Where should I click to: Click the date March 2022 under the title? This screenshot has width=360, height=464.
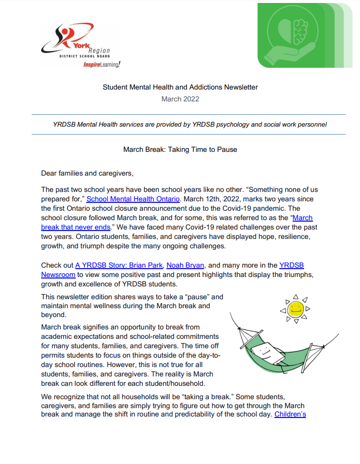pyautogui.click(x=180, y=99)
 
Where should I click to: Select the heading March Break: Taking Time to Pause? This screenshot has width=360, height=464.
pyautogui.click(x=180, y=149)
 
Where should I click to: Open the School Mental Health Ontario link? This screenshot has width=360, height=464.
pyautogui.click(x=133, y=199)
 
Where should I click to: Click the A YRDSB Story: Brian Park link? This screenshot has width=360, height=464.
pyautogui.click(x=119, y=265)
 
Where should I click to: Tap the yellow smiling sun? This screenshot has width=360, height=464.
pyautogui.click(x=296, y=310)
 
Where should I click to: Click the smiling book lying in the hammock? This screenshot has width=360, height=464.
pyautogui.click(x=268, y=354)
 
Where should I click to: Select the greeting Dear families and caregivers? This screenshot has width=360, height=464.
pyautogui.click(x=88, y=173)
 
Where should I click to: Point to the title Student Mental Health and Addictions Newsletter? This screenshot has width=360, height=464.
pyautogui.click(x=180, y=87)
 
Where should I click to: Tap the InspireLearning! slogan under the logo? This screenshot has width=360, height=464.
pyautogui.click(x=102, y=65)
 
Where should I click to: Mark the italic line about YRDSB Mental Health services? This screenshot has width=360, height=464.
pyautogui.click(x=190, y=125)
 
